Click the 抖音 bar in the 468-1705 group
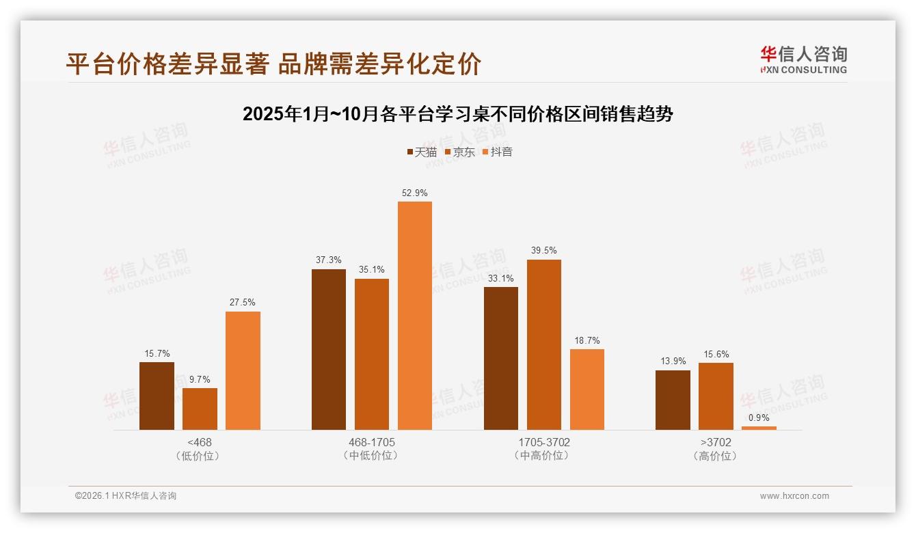pos(415,316)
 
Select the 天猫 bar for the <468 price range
pos(157,396)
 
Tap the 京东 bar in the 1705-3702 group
pos(544,344)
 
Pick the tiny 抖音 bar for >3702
pos(759,428)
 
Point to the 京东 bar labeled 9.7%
pos(200,409)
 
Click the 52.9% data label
pos(415,193)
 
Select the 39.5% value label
pos(544,251)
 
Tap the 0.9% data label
pos(759,418)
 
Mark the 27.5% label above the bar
pos(243,303)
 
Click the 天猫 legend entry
pos(422,152)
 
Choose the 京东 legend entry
pos(460,152)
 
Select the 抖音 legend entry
pos(498,152)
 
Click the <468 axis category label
pos(200,442)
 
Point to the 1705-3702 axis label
pos(543,442)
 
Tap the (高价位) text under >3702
pos(715,456)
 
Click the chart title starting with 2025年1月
pos(458,114)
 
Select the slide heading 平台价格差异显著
pos(273,64)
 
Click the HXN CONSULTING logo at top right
pos(803,60)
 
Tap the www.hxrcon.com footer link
pos(794,496)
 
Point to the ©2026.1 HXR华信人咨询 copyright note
pos(126,496)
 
